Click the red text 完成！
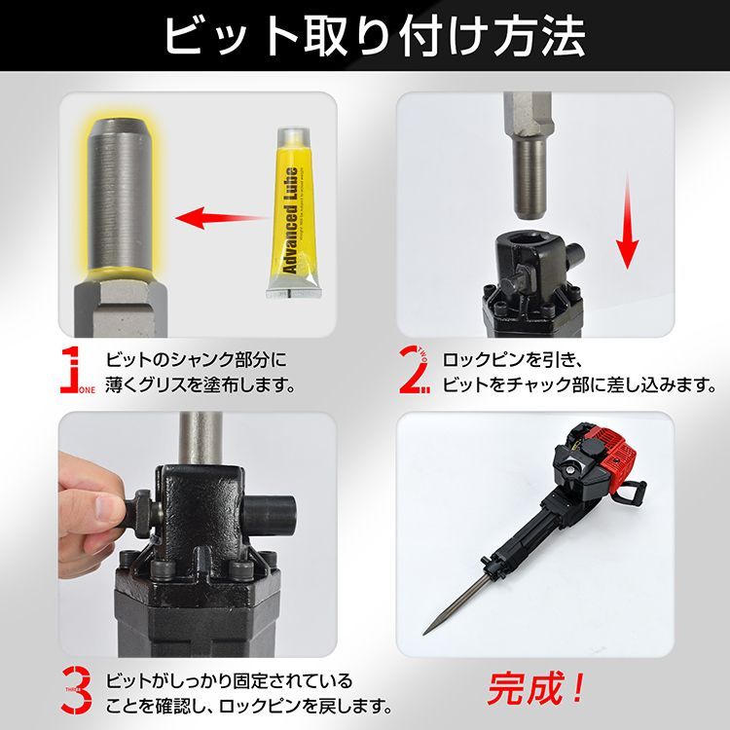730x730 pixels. click(534, 689)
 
